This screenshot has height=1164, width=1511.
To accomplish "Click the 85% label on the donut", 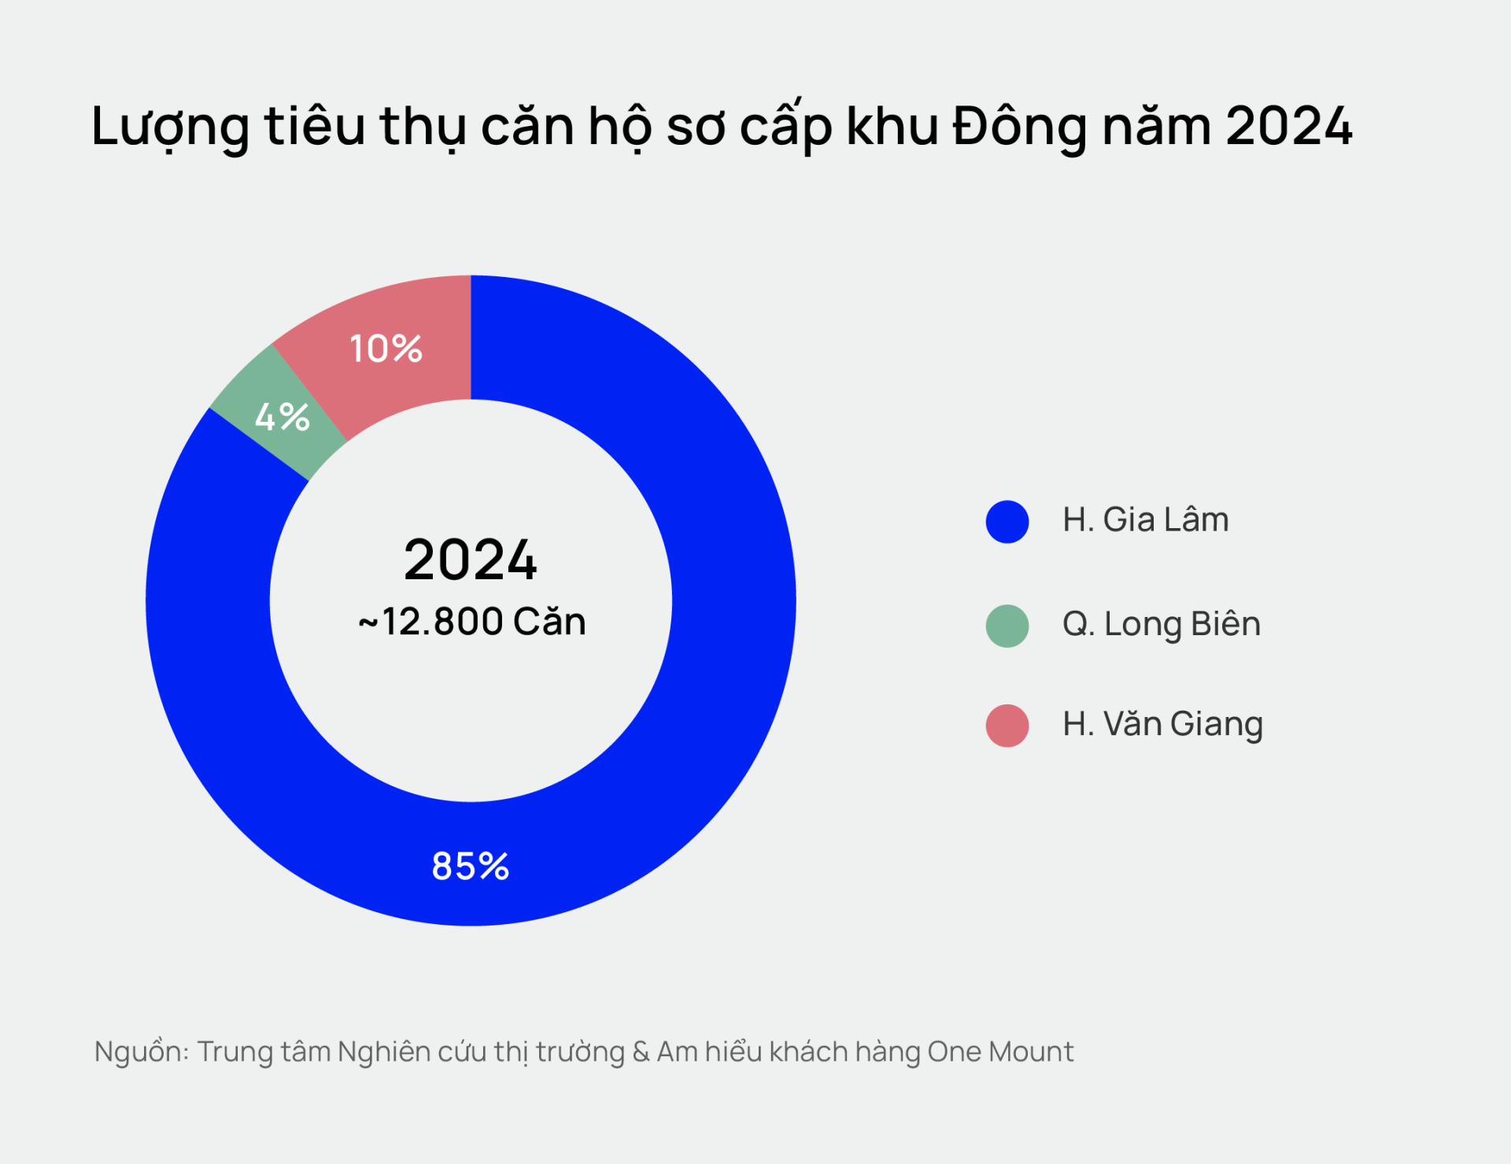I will pyautogui.click(x=471, y=866).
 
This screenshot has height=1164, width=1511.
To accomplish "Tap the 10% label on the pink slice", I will pyautogui.click(x=386, y=349).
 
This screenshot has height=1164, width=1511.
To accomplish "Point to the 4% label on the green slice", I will pyautogui.click(x=282, y=416).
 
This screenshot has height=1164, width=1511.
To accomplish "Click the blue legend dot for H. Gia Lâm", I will pyautogui.click(x=1007, y=521).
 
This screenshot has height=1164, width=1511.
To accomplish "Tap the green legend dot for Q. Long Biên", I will pyautogui.click(x=1007, y=626).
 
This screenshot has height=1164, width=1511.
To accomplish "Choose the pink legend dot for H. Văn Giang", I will pyautogui.click(x=1007, y=725).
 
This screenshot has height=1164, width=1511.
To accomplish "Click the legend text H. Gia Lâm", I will pyautogui.click(x=1145, y=520).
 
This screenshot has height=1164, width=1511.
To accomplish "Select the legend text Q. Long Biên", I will pyautogui.click(x=1161, y=625).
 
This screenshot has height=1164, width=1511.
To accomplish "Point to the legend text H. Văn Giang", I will pyautogui.click(x=1162, y=725).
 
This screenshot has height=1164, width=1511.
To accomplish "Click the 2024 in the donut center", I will pyautogui.click(x=471, y=560).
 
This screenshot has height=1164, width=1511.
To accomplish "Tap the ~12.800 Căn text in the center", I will pyautogui.click(x=472, y=622).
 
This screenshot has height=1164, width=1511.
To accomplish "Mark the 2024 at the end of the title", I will pyautogui.click(x=1288, y=126).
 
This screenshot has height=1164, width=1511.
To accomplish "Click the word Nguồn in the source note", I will pyautogui.click(x=140, y=1052).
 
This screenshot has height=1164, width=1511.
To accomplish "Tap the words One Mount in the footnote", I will pyautogui.click(x=1000, y=1051).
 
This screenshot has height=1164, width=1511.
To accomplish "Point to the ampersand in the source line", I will pyautogui.click(x=641, y=1052).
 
